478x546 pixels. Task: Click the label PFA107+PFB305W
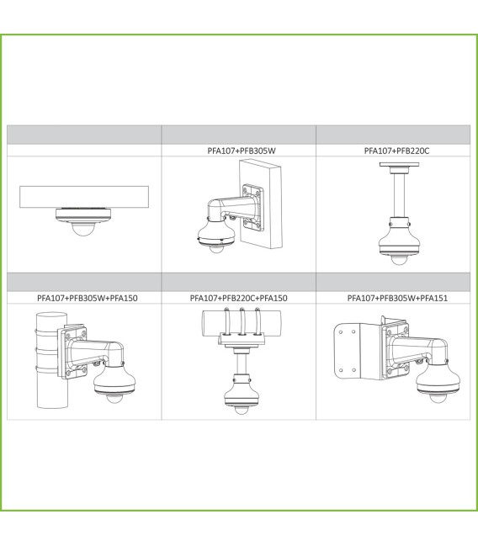coord(242,151)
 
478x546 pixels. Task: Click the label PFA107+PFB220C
coord(396,151)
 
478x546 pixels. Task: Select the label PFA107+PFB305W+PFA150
coord(87,298)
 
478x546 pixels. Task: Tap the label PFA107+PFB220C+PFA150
coord(239,298)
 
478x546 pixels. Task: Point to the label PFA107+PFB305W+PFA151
coord(397,298)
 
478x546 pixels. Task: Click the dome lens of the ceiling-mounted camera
coord(83,229)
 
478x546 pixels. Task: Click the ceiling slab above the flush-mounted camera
coord(84,197)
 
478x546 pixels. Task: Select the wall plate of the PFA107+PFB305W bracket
coord(253,208)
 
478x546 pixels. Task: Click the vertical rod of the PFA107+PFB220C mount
coord(399,195)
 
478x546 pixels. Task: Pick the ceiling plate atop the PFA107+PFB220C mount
coord(399,164)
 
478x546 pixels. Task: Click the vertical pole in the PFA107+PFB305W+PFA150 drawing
coord(52,360)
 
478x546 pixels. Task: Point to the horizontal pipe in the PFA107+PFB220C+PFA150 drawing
coord(242,323)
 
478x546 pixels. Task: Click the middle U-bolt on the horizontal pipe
coord(242,321)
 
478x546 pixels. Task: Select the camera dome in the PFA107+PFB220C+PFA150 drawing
coord(241,410)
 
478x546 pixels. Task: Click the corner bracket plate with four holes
coord(347,352)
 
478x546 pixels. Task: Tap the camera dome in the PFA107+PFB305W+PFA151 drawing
coord(437,397)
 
